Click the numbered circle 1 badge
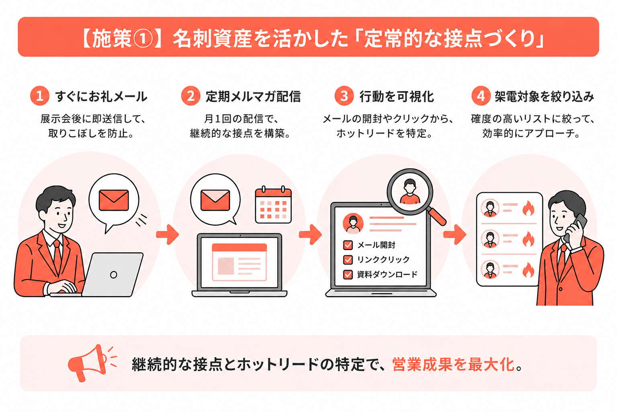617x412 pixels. pyautogui.click(x=40, y=96)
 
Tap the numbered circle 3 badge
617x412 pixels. pyautogui.click(x=344, y=96)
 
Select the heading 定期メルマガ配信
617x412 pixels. pyautogui.click(x=253, y=97)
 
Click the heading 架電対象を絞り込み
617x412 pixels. pyautogui.click(x=544, y=97)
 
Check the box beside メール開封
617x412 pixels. pyautogui.click(x=348, y=245)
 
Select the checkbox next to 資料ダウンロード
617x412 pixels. pyautogui.click(x=348, y=274)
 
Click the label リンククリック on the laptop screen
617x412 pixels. pyautogui.click(x=383, y=260)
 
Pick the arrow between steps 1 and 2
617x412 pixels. pyautogui.click(x=168, y=235)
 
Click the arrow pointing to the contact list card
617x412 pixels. pyautogui.click(x=454, y=235)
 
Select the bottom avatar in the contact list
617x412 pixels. pyautogui.click(x=490, y=270)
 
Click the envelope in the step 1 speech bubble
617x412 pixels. pyautogui.click(x=114, y=200)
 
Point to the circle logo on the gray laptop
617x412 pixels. pyautogui.click(x=114, y=274)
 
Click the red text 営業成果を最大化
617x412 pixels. pyautogui.click(x=454, y=365)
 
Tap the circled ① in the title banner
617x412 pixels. pyautogui.click(x=143, y=38)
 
